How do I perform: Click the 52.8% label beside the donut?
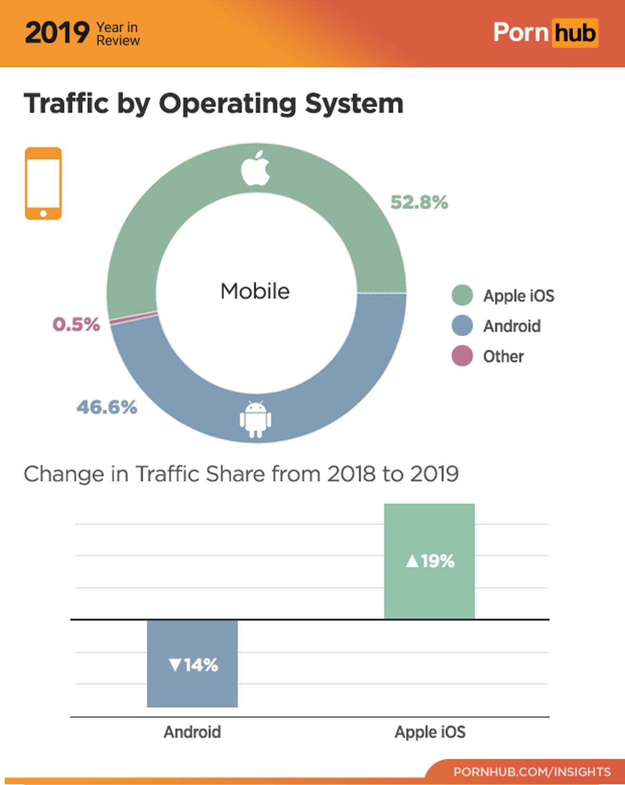(419, 202)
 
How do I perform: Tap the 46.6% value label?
(107, 407)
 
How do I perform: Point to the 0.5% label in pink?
(76, 324)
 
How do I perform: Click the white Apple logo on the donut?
(256, 168)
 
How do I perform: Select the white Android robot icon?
(255, 419)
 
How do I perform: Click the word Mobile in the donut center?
(255, 291)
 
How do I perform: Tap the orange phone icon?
(43, 183)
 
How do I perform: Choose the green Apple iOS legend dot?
(462, 296)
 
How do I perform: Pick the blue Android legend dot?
(462, 326)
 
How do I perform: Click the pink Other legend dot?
(462, 356)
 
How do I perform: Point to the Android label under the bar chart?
(192, 732)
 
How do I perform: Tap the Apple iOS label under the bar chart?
(430, 732)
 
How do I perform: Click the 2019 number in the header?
(57, 33)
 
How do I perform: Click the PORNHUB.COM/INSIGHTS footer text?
(532, 771)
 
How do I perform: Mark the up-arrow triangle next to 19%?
(412, 561)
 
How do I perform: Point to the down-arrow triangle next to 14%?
(176, 665)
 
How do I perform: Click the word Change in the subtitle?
(64, 474)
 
